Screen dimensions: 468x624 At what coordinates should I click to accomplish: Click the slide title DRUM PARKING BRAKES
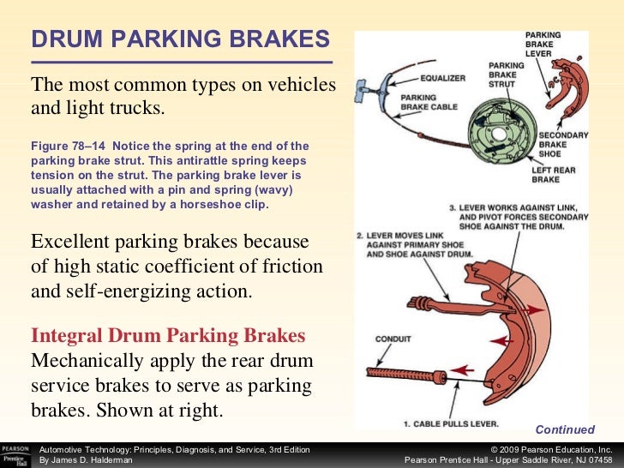tap(180, 39)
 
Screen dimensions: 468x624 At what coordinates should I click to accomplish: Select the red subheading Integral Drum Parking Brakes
tap(168, 334)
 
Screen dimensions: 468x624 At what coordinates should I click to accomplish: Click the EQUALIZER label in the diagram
tap(443, 78)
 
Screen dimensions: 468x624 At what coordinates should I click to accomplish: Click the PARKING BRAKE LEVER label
tap(543, 44)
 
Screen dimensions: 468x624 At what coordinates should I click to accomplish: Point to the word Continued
tap(564, 430)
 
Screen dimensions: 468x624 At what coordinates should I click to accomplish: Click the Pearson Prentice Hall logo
tap(16, 454)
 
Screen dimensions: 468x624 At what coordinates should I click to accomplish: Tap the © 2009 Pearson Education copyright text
tap(550, 449)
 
